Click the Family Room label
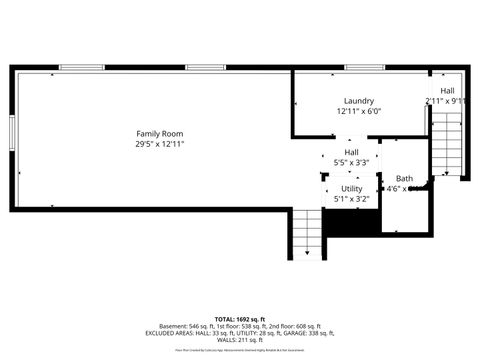coord(160,133)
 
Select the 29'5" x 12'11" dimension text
coord(160,144)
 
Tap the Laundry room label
coord(358,101)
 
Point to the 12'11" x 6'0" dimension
coord(358,112)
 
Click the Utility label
coord(352,188)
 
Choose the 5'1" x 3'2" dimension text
coord(352,199)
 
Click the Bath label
coord(403,177)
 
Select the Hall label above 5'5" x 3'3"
coord(352,152)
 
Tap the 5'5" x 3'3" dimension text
coord(352,162)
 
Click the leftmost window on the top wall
coord(80,67)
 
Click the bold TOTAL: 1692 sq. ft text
coord(240,318)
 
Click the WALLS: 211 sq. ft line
coord(240,340)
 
